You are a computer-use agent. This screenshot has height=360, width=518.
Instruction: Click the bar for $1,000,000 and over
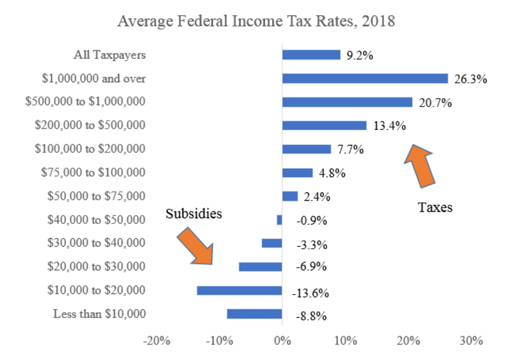(365, 79)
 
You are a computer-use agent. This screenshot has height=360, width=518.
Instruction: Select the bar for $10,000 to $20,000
(239, 290)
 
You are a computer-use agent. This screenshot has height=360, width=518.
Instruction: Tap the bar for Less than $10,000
(254, 314)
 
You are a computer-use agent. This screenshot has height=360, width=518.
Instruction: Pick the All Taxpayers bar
(311, 55)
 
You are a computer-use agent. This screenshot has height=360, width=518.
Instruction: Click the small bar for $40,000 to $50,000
(280, 220)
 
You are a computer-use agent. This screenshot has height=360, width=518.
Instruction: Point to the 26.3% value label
(471, 80)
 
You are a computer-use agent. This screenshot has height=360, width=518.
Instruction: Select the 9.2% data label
(360, 56)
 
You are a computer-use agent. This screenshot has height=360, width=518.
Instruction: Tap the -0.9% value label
(311, 221)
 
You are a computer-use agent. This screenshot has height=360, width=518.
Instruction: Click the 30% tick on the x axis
(471, 340)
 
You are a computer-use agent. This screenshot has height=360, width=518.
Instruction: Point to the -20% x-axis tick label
(157, 340)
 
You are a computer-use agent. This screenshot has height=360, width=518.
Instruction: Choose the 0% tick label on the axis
(283, 340)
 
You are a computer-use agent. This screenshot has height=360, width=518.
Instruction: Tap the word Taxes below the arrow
(435, 207)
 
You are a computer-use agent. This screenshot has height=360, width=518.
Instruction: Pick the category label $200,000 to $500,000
(90, 125)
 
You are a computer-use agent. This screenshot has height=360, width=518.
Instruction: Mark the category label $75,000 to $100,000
(93, 172)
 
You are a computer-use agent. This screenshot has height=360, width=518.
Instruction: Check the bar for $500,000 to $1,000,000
(347, 102)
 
